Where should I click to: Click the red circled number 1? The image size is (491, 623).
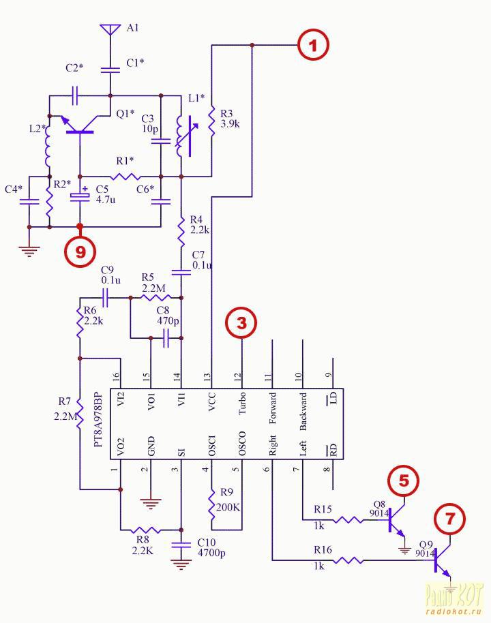coord(314,44)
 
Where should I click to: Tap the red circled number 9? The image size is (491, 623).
coord(80,252)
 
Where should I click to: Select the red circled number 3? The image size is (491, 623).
coord(241,322)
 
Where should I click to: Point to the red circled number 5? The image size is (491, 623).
coord(404,481)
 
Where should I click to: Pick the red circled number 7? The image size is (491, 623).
coord(450,519)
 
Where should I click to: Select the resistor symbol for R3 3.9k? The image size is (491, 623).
coord(211,121)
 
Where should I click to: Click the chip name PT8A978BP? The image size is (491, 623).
coord(98,420)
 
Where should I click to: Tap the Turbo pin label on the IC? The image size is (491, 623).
coord(242,404)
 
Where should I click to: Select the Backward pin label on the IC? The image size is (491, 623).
coord(303,412)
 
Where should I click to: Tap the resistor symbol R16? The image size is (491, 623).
coord(348,560)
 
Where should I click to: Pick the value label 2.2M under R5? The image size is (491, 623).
coord(153,288)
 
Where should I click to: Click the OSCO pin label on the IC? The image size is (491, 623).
coord(242,444)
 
